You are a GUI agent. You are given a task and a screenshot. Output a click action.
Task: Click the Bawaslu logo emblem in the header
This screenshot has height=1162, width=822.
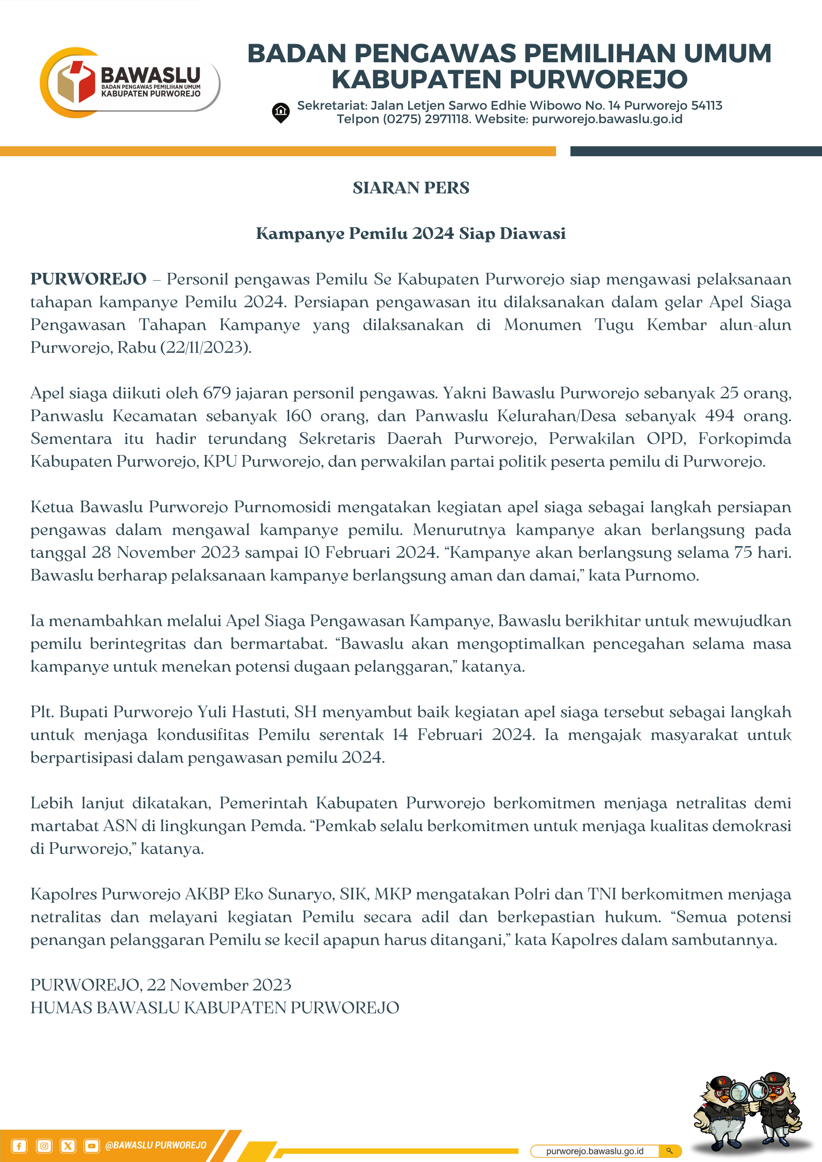(x=76, y=82)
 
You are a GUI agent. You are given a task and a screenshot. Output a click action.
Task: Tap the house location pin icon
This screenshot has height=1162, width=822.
(x=280, y=112)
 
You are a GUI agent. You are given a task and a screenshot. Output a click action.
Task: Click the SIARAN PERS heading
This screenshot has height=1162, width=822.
(x=411, y=188)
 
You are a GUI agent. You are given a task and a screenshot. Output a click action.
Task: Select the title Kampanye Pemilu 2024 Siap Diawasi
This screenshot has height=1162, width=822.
(x=411, y=233)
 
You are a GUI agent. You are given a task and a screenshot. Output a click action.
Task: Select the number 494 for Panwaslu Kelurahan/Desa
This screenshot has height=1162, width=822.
(x=719, y=416)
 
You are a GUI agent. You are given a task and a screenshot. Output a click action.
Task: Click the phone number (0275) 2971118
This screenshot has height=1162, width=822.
(x=427, y=119)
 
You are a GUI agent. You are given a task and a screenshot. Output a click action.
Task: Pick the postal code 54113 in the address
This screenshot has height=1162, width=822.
(x=707, y=106)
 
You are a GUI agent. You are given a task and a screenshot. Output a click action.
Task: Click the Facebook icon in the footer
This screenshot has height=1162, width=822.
(x=19, y=1146)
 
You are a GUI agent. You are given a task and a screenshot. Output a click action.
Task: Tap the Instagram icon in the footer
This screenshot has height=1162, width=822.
(x=44, y=1146)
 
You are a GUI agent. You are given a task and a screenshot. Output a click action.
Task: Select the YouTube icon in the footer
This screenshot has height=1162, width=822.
(x=91, y=1146)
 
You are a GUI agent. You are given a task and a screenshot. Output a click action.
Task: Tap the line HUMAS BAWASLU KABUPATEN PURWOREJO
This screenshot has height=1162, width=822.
(x=215, y=1008)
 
